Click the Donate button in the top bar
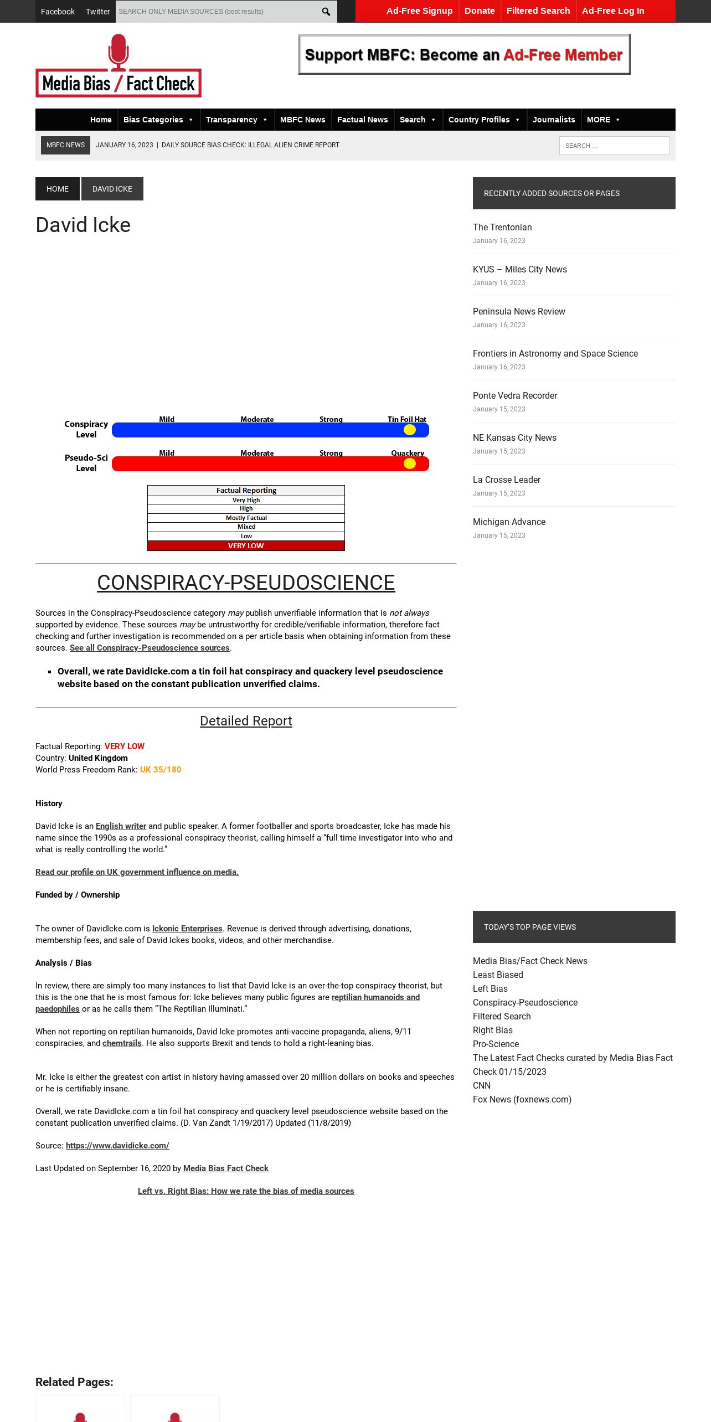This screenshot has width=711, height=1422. coord(480,11)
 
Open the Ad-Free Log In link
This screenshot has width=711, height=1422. coord(612,11)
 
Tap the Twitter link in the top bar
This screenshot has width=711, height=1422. coord(97,12)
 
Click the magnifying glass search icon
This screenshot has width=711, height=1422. coord(326,12)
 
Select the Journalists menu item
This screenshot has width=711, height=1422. coord(554,120)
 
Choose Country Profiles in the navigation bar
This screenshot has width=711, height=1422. coord(479,120)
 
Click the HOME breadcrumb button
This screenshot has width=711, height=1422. coord(58,189)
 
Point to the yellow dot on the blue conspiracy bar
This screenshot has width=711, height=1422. coord(410,430)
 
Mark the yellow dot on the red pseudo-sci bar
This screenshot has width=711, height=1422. coord(410,463)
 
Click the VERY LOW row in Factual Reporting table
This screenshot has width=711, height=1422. coord(246,546)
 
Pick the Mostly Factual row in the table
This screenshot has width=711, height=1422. coord(246,518)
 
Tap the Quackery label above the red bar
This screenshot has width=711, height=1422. coord(408,453)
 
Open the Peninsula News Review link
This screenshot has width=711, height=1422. coord(519,311)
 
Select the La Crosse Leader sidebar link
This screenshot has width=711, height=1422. coord(507,480)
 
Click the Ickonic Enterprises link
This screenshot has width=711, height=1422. coord(187,929)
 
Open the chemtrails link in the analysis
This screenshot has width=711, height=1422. coord(122,1043)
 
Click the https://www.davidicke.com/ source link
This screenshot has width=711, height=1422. coord(117,1146)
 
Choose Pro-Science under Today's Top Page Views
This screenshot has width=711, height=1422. coord(496,1044)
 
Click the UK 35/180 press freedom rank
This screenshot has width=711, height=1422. coord(161,770)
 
